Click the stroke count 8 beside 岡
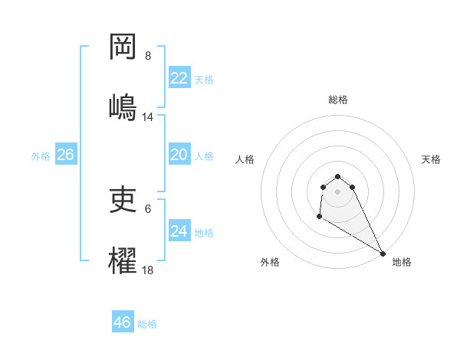[x=148, y=56]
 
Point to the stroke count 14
[x=148, y=117]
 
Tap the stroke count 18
[x=148, y=270]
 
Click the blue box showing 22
[x=179, y=78]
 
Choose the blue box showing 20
[x=179, y=155]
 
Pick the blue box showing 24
[x=179, y=231]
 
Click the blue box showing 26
[x=66, y=155]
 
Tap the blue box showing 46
[x=123, y=322]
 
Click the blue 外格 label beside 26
[x=41, y=156]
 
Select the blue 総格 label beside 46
[x=147, y=324]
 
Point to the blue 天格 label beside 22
[x=204, y=80]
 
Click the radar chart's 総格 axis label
[x=338, y=100]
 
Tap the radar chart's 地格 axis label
[x=402, y=262]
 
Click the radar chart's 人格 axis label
[x=245, y=159]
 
